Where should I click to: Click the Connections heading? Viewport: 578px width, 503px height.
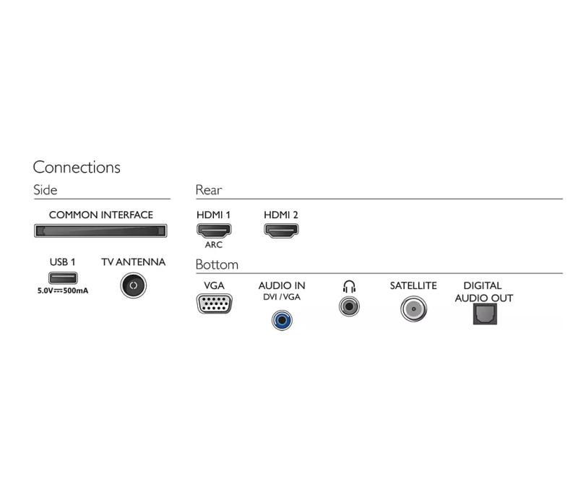[x=77, y=168]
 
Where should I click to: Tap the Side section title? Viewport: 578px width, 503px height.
[x=46, y=190]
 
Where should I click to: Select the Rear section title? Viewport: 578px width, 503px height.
[x=209, y=190]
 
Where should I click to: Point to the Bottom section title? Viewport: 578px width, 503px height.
[x=217, y=265]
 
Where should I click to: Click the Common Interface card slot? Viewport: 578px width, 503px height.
[x=100, y=231]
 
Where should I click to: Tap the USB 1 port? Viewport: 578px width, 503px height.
[x=63, y=278]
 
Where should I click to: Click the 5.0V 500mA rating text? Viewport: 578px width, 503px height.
[x=63, y=291]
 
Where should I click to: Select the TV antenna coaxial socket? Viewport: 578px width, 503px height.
[x=134, y=285]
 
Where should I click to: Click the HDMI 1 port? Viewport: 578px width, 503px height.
[x=214, y=231]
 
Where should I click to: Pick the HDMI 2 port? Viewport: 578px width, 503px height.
[x=281, y=231]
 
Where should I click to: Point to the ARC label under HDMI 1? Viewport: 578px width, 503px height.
[x=214, y=245]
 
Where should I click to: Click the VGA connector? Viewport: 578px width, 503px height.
[x=215, y=304]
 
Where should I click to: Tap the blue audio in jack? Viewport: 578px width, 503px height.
[x=282, y=320]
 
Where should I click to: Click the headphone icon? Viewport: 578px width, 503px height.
[x=349, y=286]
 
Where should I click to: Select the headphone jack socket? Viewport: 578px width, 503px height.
[x=349, y=306]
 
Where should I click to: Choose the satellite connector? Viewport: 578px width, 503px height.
[x=413, y=309]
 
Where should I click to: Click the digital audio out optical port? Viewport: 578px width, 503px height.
[x=485, y=314]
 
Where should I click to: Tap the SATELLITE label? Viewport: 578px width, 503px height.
[x=413, y=285]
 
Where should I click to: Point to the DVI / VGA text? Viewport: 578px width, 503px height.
[x=282, y=297]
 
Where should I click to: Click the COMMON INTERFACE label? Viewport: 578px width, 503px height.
[x=101, y=215]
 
